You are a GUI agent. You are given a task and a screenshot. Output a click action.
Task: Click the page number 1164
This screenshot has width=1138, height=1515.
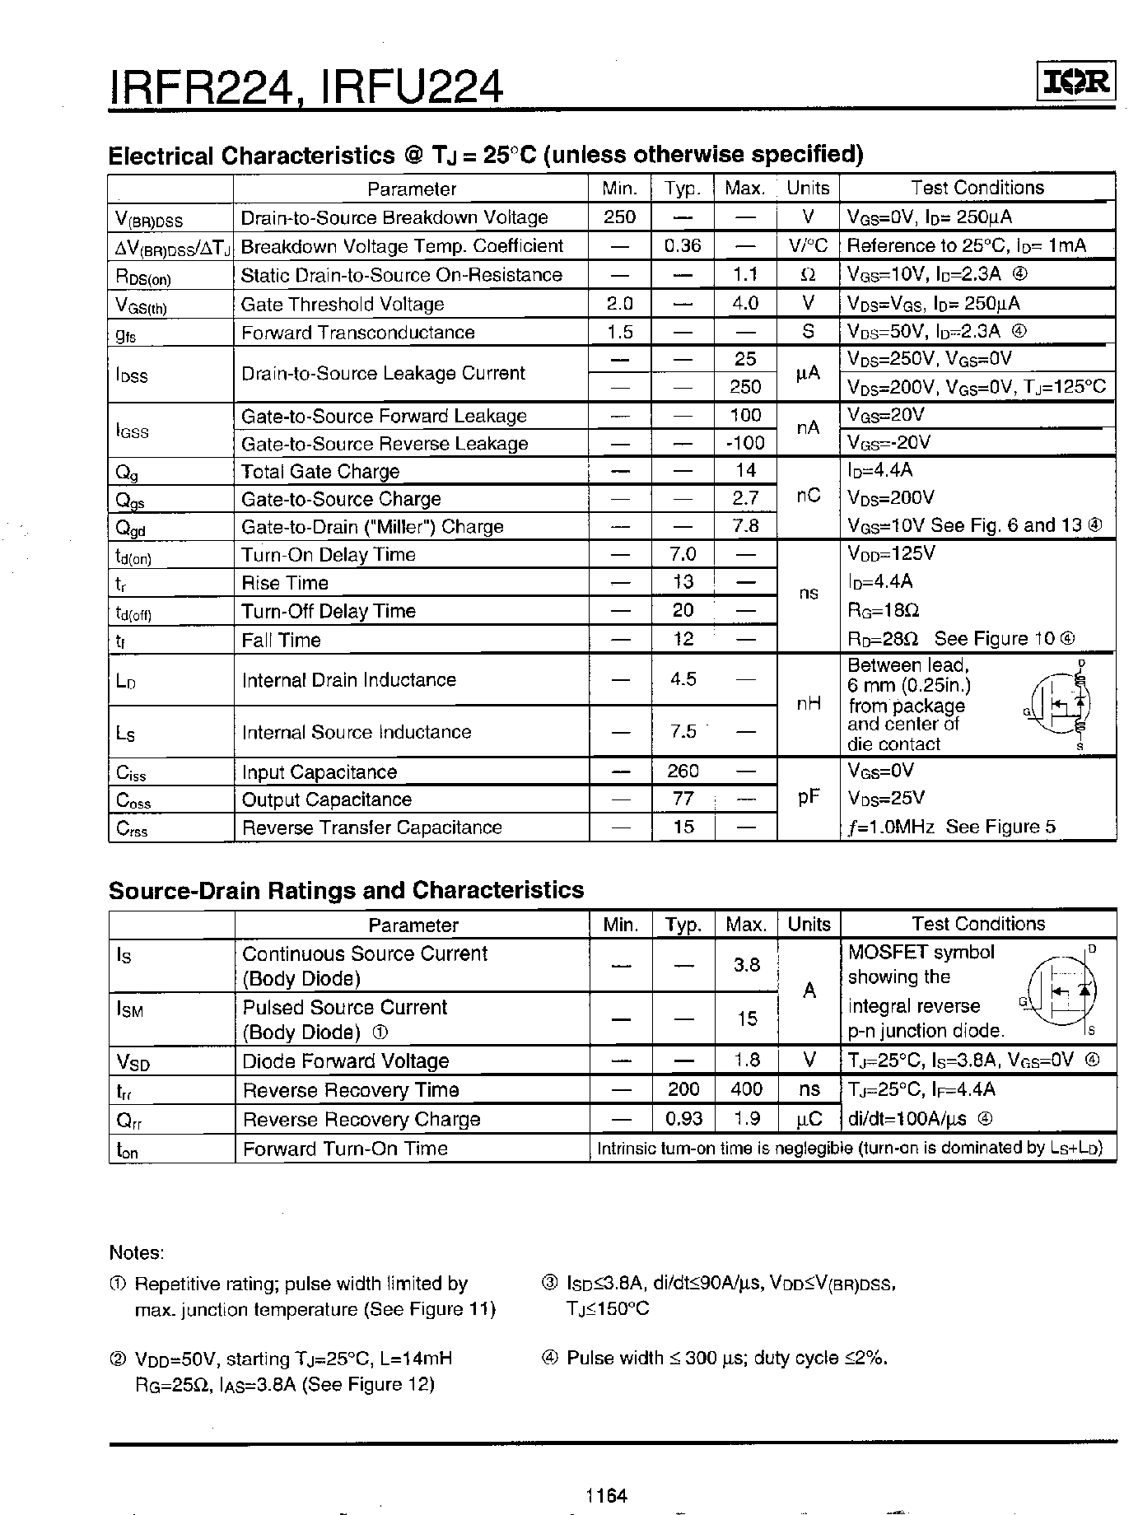tap(607, 1494)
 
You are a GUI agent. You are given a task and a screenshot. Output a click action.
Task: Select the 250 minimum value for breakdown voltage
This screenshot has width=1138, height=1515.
tap(619, 217)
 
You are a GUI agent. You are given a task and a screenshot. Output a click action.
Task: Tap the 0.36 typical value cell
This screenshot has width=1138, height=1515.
tap(682, 245)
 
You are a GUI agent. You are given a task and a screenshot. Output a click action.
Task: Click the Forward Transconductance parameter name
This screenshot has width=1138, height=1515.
tap(357, 332)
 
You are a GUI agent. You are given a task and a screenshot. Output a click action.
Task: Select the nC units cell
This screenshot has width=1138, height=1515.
tap(808, 497)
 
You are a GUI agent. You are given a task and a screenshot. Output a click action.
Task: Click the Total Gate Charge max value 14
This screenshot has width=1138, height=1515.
tap(745, 470)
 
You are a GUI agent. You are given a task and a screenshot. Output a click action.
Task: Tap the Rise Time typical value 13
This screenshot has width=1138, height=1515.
tap(683, 582)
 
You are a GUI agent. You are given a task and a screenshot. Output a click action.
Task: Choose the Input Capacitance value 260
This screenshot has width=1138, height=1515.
tap(683, 771)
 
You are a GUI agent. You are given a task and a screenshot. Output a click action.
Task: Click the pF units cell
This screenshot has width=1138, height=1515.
tap(809, 798)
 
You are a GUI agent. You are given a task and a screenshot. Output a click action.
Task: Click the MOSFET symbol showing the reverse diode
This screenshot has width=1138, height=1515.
tap(1062, 990)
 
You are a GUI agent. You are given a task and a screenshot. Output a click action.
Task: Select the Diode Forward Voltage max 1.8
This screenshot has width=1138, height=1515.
tap(746, 1060)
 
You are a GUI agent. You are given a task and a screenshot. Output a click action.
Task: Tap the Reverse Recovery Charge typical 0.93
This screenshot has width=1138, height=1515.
tap(683, 1119)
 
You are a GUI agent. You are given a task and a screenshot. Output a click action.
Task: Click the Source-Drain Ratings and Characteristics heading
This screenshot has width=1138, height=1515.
tap(346, 890)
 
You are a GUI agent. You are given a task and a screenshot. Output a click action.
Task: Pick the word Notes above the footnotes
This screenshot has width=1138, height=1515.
tap(136, 1252)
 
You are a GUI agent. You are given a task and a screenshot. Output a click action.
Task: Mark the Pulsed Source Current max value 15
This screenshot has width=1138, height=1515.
tap(746, 1019)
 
